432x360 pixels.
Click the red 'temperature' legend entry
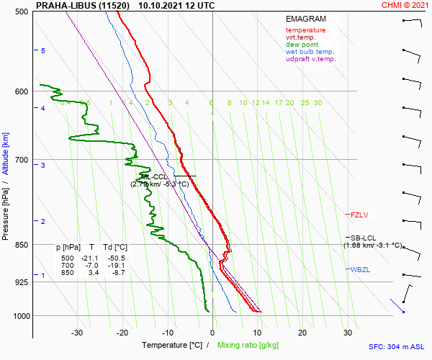point(305,30)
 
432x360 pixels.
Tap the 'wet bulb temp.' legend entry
point(310,52)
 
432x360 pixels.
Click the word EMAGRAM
point(305,19)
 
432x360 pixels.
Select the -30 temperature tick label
point(78,333)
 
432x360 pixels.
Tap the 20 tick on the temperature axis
point(303,333)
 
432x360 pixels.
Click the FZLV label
point(359,215)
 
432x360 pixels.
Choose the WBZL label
point(360,269)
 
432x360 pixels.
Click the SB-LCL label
point(363,238)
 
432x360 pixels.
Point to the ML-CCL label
point(154,176)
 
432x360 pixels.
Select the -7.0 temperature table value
point(91,265)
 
